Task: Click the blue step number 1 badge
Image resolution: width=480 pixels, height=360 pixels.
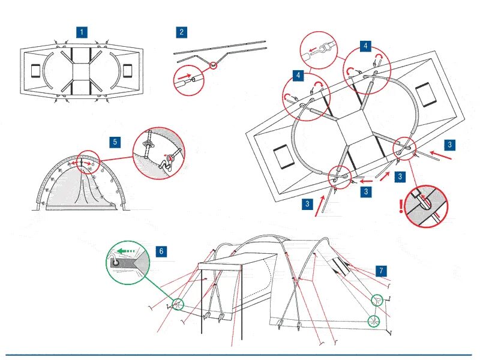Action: pyautogui.click(x=82, y=32)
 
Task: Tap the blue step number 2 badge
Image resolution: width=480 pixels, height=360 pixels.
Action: pyautogui.click(x=181, y=32)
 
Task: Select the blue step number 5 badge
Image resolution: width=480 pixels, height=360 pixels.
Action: pyautogui.click(x=115, y=142)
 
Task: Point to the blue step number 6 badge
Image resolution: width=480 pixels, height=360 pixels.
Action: pyautogui.click(x=160, y=251)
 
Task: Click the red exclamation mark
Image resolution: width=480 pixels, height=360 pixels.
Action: pyautogui.click(x=401, y=206)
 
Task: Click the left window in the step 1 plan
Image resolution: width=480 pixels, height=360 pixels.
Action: pyautogui.click(x=35, y=71)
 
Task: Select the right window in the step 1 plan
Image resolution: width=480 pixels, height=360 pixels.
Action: pyautogui.click(x=127, y=71)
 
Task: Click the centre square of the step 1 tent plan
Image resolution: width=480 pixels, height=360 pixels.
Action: pyautogui.click(x=81, y=71)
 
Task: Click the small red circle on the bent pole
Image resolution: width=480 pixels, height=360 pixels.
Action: pyautogui.click(x=214, y=64)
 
